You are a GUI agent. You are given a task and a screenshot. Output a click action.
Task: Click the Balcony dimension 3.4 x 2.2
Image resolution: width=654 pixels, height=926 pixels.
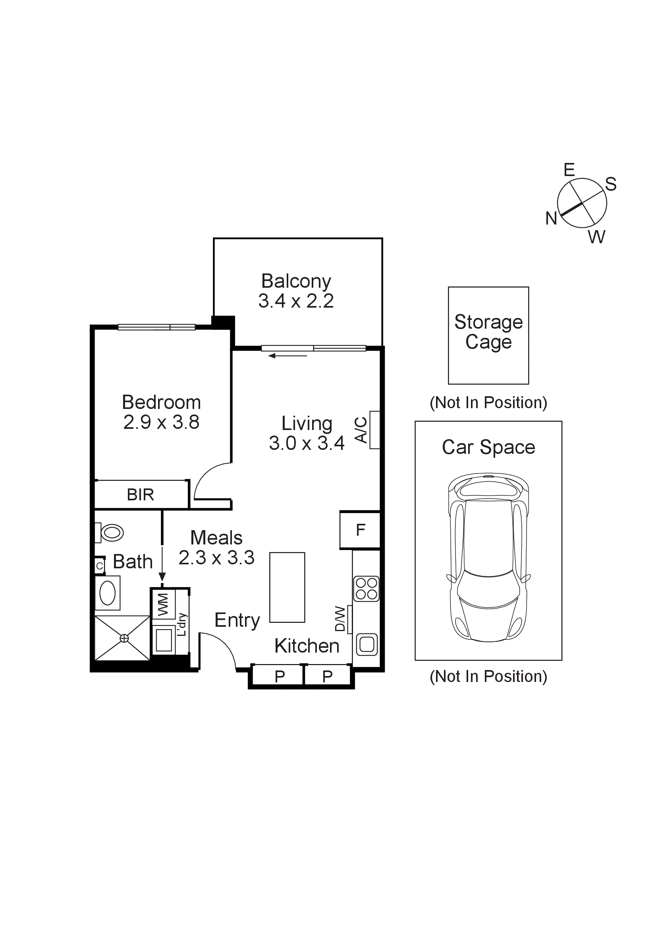296,301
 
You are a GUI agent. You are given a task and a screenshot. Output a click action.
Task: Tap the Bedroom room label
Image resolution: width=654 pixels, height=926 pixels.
161,402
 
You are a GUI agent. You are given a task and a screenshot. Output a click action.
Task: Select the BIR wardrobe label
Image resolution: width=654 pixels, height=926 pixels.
140,494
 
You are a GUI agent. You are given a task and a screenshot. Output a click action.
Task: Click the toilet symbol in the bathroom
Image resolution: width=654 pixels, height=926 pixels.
110,533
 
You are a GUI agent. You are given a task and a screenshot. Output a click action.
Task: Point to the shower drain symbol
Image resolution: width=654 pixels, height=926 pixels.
124,638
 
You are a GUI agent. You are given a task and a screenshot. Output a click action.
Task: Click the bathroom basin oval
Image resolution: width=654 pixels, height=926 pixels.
108,593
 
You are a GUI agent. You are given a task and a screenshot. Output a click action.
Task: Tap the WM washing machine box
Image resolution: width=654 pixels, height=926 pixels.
163,604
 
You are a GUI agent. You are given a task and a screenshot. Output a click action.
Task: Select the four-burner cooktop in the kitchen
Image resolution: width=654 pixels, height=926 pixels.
366,589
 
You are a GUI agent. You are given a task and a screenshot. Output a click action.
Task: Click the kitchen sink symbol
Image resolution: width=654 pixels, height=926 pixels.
367,644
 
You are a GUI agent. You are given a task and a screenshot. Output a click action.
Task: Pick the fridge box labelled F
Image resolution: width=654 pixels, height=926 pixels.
360,530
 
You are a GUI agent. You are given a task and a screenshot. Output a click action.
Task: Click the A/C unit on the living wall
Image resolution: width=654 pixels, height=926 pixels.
374,430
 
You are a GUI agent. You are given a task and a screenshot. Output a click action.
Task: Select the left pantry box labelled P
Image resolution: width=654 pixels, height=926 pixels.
279,676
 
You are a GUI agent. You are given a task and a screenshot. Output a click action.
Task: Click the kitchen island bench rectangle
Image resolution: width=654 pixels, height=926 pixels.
287,587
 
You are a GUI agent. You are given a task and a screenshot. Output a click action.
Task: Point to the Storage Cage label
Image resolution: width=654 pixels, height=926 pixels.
488,331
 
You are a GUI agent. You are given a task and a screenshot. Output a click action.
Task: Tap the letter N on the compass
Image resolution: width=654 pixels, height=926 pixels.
551,219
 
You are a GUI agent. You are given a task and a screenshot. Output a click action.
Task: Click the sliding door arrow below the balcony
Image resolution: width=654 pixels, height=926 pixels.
287,356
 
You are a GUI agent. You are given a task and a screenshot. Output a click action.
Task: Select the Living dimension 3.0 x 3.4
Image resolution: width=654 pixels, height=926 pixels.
306,443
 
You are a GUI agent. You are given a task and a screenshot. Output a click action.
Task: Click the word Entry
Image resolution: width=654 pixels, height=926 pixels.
237,620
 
